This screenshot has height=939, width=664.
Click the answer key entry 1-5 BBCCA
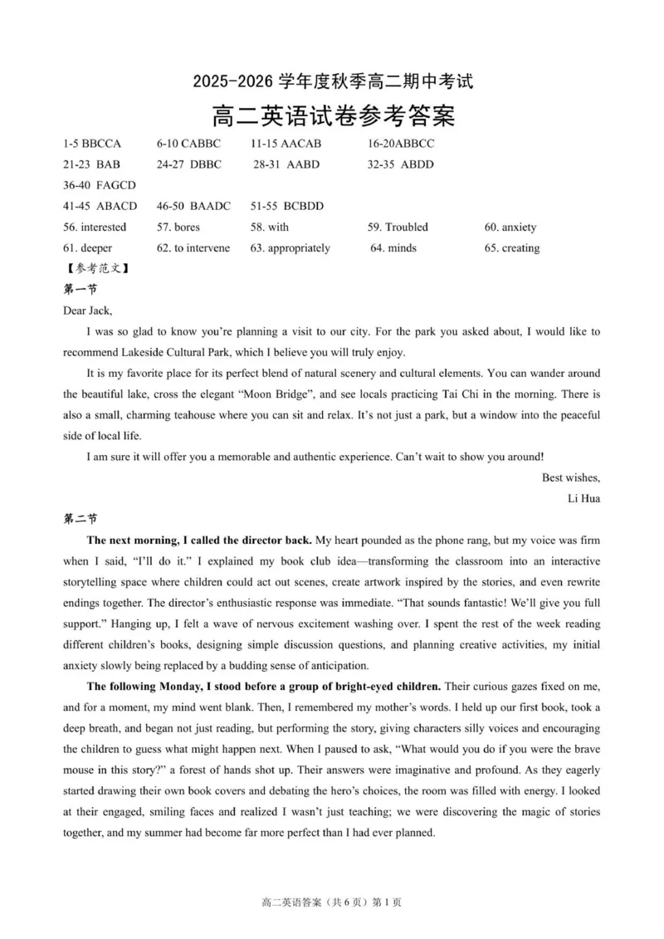click(x=92, y=144)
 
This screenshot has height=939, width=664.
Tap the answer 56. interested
click(x=95, y=227)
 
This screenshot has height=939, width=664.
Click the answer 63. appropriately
click(x=290, y=247)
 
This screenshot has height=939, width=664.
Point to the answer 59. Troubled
click(x=398, y=227)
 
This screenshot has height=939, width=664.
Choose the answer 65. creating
click(x=512, y=247)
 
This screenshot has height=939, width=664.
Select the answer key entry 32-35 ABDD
click(x=400, y=164)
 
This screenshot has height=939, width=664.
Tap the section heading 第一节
click(x=81, y=290)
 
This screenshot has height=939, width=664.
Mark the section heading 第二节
click(x=81, y=519)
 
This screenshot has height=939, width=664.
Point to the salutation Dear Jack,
click(x=87, y=311)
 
